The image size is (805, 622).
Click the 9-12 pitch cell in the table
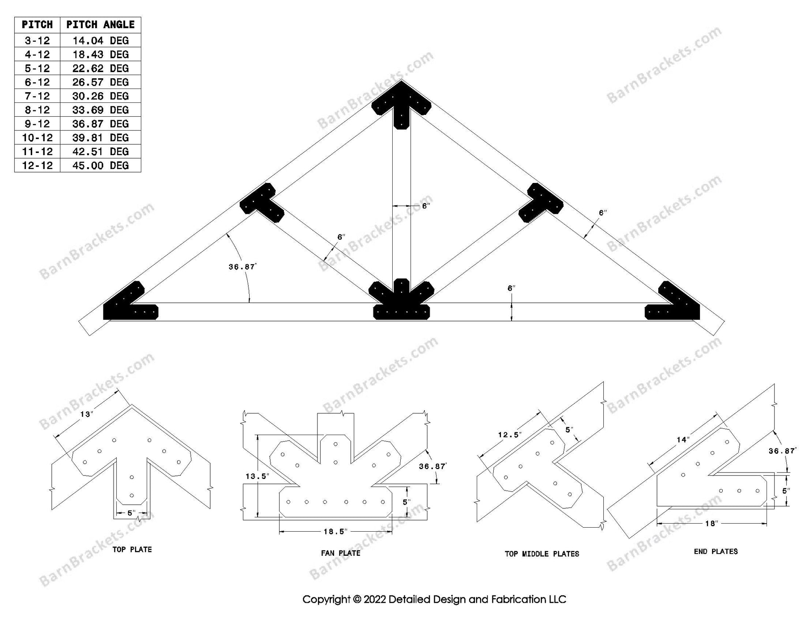(37, 124)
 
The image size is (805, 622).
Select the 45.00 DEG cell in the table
(100, 165)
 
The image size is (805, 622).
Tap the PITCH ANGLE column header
(100, 25)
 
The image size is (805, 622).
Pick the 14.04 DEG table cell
(100, 41)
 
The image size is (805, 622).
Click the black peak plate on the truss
(401, 105)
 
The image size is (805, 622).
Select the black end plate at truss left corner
(127, 304)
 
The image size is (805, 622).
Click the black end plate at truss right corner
(675, 304)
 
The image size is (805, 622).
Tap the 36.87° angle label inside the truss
(242, 267)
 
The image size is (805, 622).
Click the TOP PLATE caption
(132, 550)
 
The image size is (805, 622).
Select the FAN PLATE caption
(340, 553)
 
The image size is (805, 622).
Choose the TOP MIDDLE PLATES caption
(542, 554)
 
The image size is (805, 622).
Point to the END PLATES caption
(716, 552)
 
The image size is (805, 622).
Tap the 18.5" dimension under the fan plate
(335, 532)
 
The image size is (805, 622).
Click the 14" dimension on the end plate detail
(682, 440)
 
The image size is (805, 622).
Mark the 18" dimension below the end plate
(711, 523)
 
